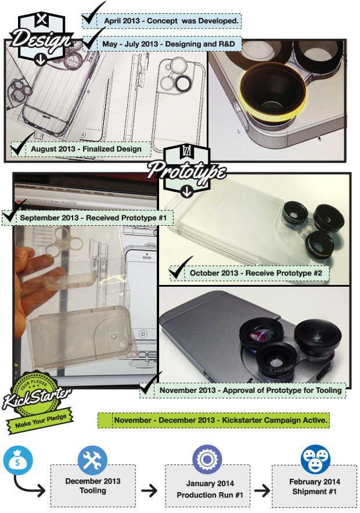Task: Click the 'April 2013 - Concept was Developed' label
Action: [x=171, y=21]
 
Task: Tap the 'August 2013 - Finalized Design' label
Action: [x=86, y=149]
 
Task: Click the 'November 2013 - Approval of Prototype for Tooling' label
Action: [x=250, y=391]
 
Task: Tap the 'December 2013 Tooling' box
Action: [x=93, y=486]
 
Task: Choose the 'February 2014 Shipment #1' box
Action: [x=314, y=486]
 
